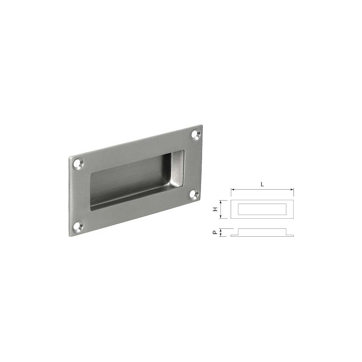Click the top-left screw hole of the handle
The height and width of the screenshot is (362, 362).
[x=78, y=163]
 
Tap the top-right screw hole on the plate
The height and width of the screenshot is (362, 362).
[x=195, y=134]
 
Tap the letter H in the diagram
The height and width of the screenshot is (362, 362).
[x=215, y=209]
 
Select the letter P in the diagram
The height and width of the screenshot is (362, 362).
[x=215, y=233]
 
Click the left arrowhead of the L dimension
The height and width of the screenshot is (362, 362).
[x=232, y=190]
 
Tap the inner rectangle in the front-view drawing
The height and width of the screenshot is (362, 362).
[x=262, y=209]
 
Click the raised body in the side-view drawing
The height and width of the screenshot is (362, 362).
[x=262, y=231]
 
